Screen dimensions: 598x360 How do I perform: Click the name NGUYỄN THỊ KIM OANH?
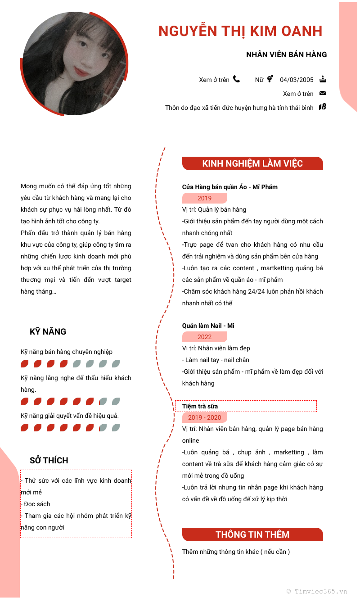(240, 31)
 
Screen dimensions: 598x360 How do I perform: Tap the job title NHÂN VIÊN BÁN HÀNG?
(286, 54)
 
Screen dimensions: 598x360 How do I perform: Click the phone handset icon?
(236, 79)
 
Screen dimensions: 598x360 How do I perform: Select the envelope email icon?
(323, 93)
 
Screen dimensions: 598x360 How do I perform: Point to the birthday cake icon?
(323, 79)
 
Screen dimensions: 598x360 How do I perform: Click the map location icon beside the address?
(323, 107)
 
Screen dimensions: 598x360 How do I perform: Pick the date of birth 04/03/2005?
(297, 80)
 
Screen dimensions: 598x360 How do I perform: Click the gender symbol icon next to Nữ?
(270, 79)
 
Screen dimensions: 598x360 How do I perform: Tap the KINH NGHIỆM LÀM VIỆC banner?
(252, 163)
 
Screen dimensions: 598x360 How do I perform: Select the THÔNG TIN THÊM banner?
(252, 535)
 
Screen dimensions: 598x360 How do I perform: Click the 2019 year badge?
(204, 198)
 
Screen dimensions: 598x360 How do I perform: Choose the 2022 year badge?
(204, 337)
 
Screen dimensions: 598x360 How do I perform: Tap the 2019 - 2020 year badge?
(204, 417)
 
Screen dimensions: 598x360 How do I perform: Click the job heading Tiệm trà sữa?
(200, 406)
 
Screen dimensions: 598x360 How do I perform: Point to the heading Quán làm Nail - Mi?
(208, 326)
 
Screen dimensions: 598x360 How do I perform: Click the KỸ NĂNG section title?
(48, 332)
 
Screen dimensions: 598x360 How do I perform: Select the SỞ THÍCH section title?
(49, 460)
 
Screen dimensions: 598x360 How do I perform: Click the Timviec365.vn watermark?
(317, 591)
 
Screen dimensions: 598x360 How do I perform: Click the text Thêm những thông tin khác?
(236, 552)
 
